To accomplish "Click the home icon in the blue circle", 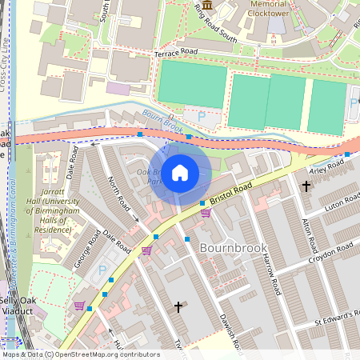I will (x=180, y=173).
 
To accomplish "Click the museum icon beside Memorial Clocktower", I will (x=208, y=6).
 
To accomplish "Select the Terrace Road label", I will (x=175, y=50).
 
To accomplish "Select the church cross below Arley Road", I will (x=306, y=186).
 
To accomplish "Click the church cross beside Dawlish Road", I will (x=178, y=306).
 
